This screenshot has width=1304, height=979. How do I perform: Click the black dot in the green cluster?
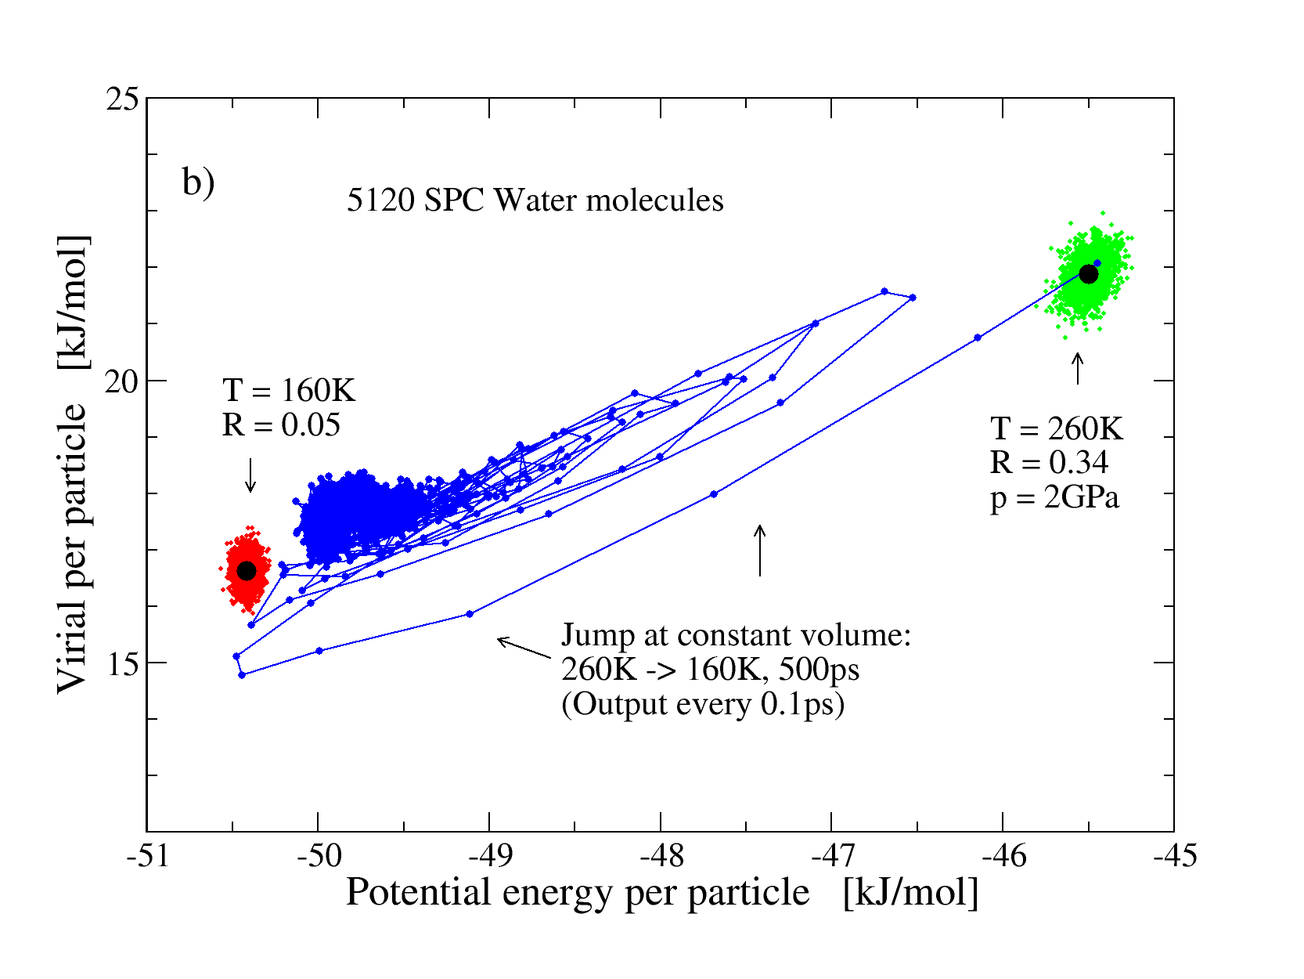pyautogui.click(x=1088, y=274)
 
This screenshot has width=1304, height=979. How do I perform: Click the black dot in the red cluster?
pyautogui.click(x=247, y=571)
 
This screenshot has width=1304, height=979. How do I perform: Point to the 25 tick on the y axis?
pyautogui.click(x=122, y=99)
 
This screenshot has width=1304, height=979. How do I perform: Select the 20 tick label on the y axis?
pyautogui.click(x=122, y=381)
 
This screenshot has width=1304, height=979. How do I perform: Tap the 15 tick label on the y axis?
pyautogui.click(x=122, y=664)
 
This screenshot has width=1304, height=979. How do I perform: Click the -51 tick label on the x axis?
pyautogui.click(x=147, y=856)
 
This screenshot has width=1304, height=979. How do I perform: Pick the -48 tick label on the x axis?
pyautogui.click(x=661, y=856)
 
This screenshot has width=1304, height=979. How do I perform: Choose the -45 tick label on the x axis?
pyautogui.click(x=1174, y=856)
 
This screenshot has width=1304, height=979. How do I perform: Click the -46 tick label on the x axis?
pyautogui.click(x=1003, y=856)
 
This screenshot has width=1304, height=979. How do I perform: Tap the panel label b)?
pyautogui.click(x=198, y=182)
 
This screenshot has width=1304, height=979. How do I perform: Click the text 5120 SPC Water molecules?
pyautogui.click(x=535, y=200)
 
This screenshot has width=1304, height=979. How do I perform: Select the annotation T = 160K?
pyautogui.click(x=289, y=390)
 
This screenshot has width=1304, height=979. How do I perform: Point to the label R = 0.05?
pyautogui.click(x=281, y=424)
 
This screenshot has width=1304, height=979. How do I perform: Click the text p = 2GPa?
pyautogui.click(x=1054, y=497)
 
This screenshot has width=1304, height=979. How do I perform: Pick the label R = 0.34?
pyautogui.click(x=1049, y=463)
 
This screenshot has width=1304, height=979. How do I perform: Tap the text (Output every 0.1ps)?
pyautogui.click(x=703, y=704)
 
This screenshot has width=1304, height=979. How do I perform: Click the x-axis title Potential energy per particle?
pyautogui.click(x=578, y=892)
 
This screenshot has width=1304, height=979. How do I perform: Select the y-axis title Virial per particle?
pyautogui.click(x=72, y=548)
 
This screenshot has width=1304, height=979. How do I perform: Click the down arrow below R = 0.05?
pyautogui.click(x=250, y=475)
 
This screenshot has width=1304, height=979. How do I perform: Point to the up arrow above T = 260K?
pyautogui.click(x=1078, y=368)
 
